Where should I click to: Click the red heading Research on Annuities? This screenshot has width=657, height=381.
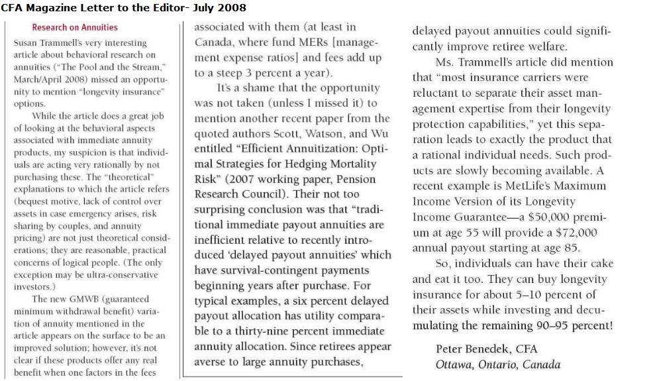75,28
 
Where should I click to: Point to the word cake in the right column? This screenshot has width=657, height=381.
600,263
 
